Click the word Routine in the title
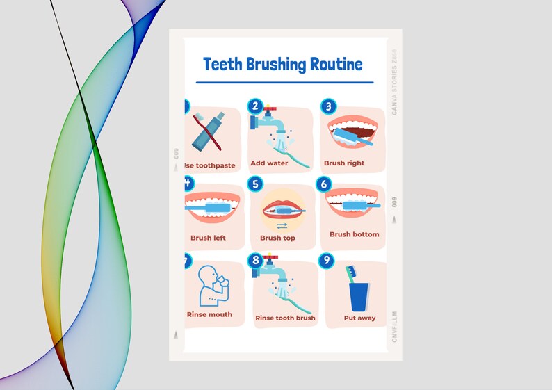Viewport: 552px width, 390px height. coord(336,65)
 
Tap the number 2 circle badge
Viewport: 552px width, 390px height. coord(256,106)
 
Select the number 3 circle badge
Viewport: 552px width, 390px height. coord(328,106)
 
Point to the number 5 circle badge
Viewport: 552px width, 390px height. coord(256,184)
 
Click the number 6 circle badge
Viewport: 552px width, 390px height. coord(323,184)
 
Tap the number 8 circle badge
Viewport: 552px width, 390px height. coord(256,261)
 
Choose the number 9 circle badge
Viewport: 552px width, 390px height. coord(326,261)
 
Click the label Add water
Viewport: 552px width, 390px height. coord(269,163)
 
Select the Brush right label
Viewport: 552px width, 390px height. coord(344,163)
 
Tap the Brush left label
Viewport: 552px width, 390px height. coord(208,238)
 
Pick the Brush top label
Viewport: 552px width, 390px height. coord(277,238)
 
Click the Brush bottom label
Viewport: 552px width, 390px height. coord(355,234)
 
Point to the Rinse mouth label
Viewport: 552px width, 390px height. coord(209,314)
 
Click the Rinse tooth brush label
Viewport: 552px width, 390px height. coord(285,318)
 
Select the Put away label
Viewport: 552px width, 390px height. coord(359,318)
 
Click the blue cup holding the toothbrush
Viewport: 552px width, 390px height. coord(359,296)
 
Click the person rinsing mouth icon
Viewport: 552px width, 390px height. coord(212,286)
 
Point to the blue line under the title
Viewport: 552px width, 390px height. coord(284,82)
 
